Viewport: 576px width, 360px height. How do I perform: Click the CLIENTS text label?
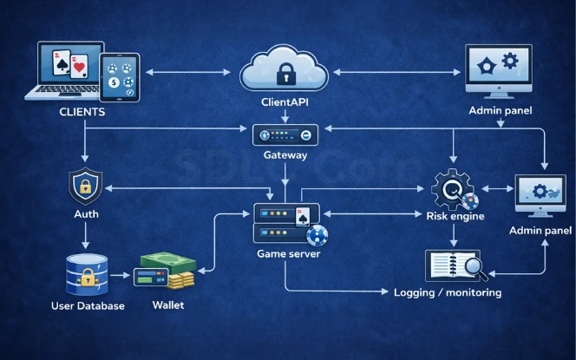click(82, 113)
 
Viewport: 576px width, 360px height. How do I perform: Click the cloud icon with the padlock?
click(285, 71)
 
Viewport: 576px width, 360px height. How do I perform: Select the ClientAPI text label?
click(285, 102)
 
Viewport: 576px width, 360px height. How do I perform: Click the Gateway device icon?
click(285, 134)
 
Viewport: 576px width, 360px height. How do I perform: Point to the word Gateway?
click(285, 155)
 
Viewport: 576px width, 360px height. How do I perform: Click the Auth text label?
click(85, 213)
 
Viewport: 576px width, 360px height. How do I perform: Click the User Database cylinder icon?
click(86, 274)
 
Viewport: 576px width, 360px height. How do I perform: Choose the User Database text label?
click(86, 306)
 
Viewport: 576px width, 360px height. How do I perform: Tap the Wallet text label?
click(167, 305)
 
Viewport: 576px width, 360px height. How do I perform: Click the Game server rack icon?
click(286, 223)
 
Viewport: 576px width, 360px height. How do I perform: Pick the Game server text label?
click(286, 253)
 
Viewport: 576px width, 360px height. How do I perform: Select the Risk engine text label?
click(455, 216)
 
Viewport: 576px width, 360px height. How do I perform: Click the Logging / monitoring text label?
click(448, 292)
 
